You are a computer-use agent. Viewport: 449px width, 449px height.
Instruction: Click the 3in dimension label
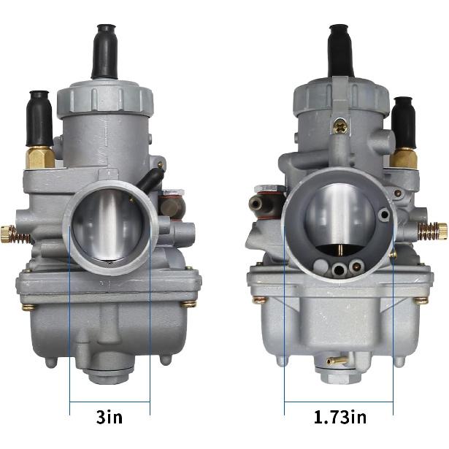pos(110,418)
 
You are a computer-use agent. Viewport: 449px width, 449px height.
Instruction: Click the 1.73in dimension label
pos(339,418)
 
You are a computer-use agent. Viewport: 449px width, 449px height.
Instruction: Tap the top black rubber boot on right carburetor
pos(340,50)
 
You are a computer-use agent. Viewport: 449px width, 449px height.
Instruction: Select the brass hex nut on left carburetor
pos(41,156)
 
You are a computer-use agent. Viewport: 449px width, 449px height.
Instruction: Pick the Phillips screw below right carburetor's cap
pos(340,126)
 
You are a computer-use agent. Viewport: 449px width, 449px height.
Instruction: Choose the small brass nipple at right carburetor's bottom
pos(336,361)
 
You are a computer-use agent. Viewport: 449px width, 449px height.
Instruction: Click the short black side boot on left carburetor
pos(39,119)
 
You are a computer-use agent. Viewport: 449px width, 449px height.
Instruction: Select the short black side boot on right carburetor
pos(403,122)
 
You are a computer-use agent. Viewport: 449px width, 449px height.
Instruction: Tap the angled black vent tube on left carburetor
pos(152,180)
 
